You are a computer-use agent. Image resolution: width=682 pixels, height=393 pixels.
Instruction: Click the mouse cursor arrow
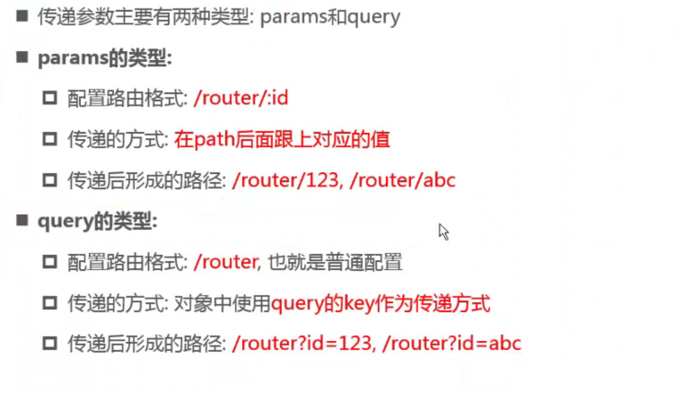click(x=443, y=231)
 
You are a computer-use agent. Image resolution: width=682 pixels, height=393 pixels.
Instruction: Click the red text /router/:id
click(x=240, y=98)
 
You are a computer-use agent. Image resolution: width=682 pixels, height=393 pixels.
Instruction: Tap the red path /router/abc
click(x=402, y=180)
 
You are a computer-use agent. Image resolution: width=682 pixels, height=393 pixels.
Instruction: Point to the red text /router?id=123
click(x=301, y=343)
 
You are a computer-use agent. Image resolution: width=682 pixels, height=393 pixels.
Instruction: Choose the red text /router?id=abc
click(x=451, y=343)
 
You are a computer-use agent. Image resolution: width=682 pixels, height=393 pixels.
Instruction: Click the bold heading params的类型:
click(x=105, y=58)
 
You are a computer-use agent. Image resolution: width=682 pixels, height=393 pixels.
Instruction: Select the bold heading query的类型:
click(x=97, y=221)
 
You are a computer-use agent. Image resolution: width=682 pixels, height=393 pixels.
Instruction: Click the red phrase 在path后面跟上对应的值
click(x=282, y=139)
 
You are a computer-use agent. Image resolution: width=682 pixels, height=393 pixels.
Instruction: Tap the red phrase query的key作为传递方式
click(x=380, y=303)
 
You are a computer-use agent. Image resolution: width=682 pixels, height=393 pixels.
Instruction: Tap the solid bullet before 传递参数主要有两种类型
click(x=22, y=16)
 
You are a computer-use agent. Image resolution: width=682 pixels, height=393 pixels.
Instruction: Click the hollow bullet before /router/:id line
click(x=49, y=98)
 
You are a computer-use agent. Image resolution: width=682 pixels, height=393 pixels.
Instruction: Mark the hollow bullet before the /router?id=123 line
click(x=49, y=343)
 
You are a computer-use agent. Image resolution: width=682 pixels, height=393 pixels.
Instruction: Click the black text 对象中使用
click(x=222, y=303)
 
